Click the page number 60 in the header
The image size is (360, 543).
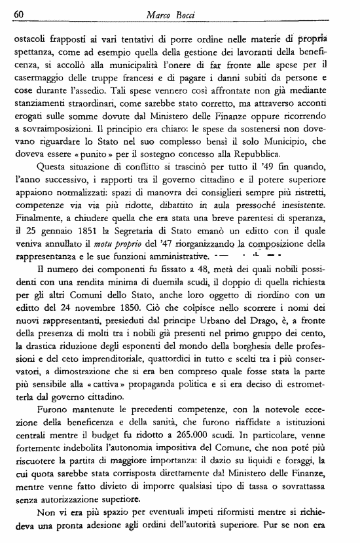point(18,14)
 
